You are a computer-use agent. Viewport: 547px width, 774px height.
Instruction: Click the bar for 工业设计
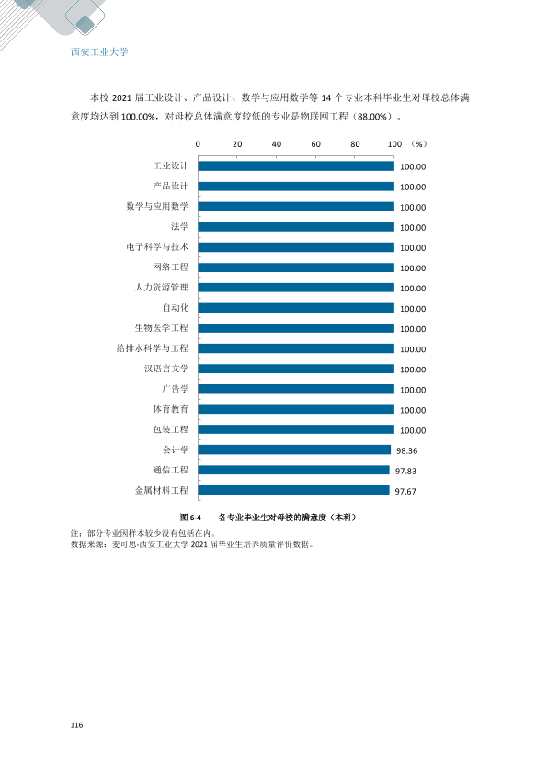(x=296, y=166)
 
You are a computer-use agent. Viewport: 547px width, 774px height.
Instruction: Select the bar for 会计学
(x=295, y=450)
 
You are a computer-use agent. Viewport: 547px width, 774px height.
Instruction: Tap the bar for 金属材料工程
(x=294, y=490)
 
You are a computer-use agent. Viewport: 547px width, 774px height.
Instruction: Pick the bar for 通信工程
(x=294, y=470)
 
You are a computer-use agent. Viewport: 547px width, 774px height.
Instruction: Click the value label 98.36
(x=406, y=450)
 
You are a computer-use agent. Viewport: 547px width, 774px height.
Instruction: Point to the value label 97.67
(x=405, y=491)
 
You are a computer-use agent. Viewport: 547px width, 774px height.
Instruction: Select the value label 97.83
(x=405, y=471)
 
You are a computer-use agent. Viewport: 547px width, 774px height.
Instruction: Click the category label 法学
(x=179, y=226)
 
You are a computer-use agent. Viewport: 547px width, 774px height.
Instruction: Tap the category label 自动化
(x=176, y=308)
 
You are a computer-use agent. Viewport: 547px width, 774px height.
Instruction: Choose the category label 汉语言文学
(x=166, y=369)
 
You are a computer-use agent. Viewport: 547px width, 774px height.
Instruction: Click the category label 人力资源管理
(x=162, y=288)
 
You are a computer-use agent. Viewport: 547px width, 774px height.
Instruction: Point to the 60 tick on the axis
(x=316, y=144)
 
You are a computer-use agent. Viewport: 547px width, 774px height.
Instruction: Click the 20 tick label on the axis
(x=237, y=144)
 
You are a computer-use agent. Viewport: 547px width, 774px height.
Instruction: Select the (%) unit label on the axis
(x=418, y=144)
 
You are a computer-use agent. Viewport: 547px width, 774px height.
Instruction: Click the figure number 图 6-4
(x=190, y=518)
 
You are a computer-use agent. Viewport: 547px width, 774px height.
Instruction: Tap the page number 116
(x=76, y=725)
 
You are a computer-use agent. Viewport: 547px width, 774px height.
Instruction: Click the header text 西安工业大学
(x=99, y=51)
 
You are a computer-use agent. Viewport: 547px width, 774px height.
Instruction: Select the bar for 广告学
(x=296, y=389)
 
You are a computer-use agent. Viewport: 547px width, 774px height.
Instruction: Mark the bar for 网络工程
(x=296, y=267)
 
